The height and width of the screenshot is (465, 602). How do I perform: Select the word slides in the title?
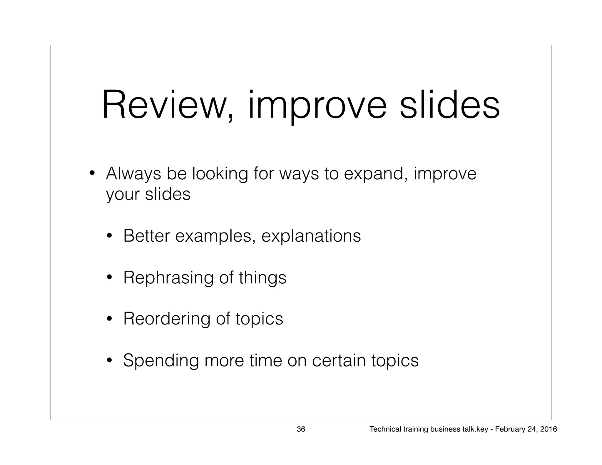click(x=449, y=105)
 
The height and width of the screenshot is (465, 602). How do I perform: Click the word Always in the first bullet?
click(x=133, y=174)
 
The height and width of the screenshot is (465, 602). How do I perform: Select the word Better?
click(x=146, y=236)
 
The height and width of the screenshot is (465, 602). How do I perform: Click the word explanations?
click(x=311, y=236)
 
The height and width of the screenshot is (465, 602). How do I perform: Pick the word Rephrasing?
click(x=168, y=277)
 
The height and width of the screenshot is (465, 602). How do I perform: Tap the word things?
click(x=262, y=277)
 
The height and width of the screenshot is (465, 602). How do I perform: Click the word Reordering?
click(x=166, y=319)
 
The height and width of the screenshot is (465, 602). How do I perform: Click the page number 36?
click(x=301, y=429)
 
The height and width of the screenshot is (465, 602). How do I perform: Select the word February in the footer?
click(x=507, y=429)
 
